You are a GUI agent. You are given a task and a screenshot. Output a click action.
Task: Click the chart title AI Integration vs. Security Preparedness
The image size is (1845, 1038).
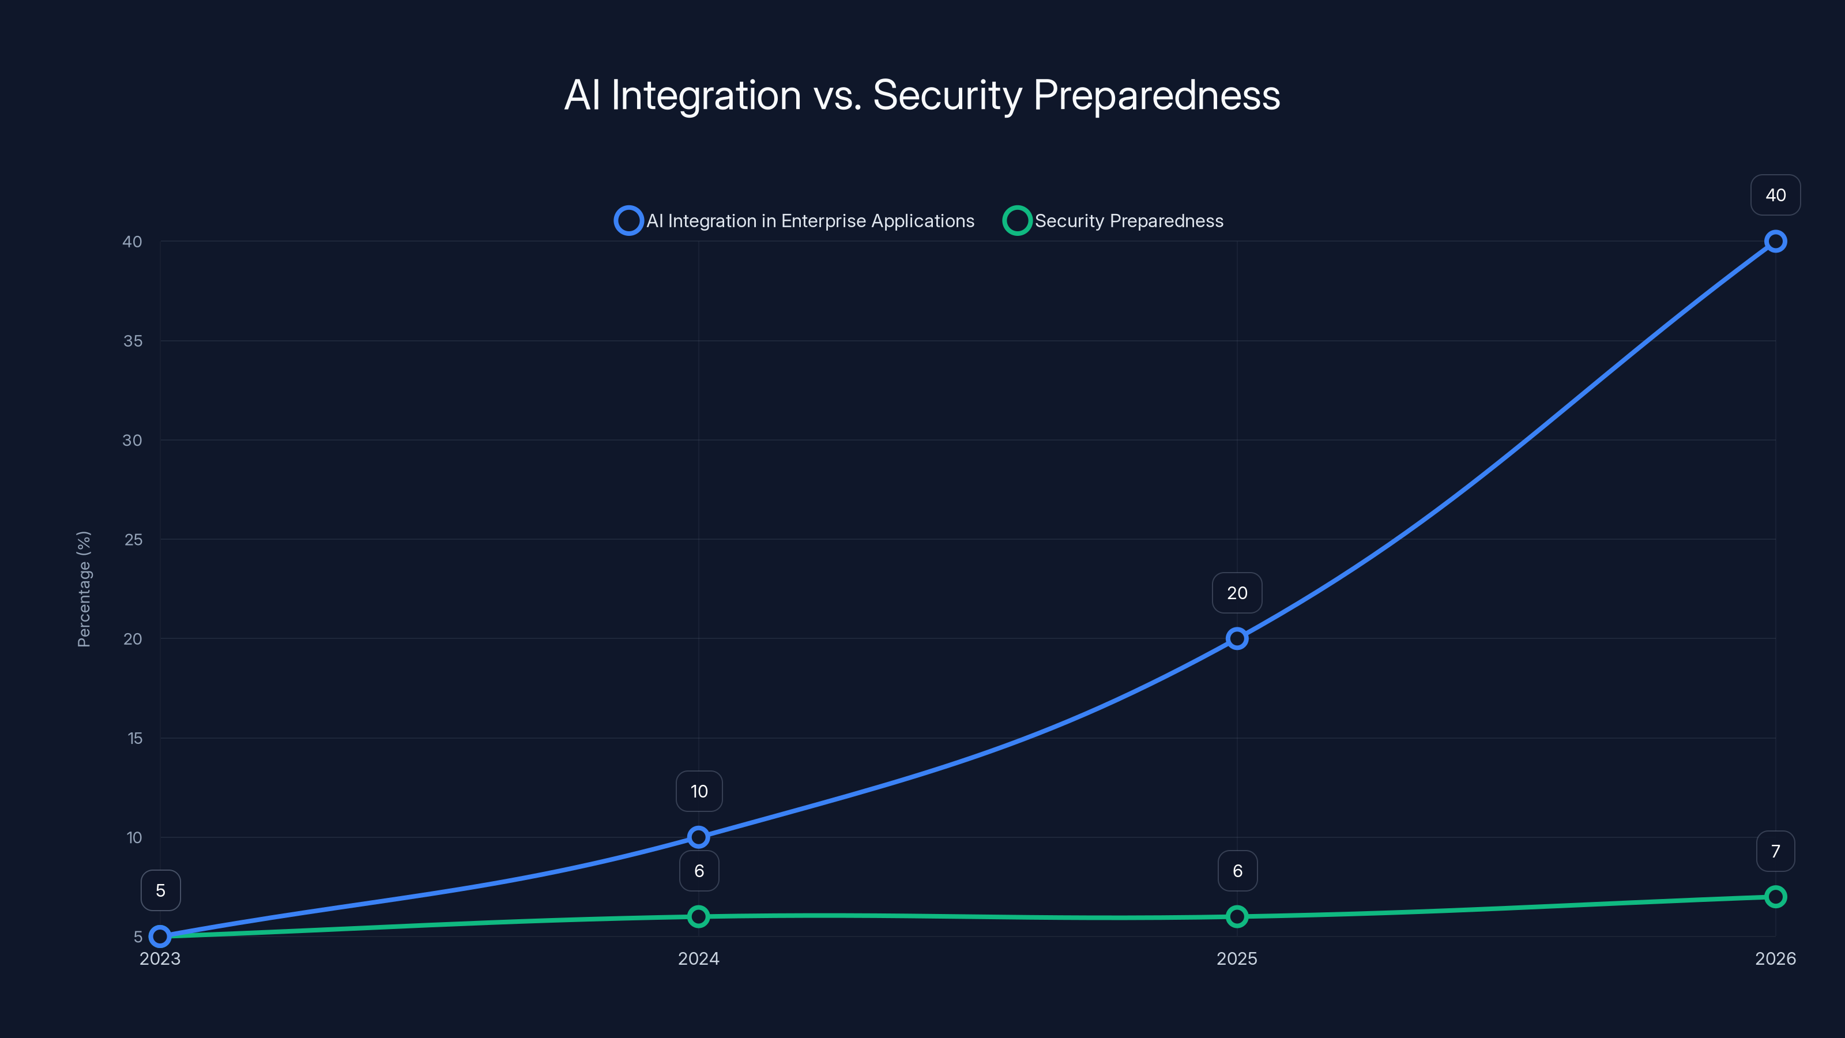(922, 95)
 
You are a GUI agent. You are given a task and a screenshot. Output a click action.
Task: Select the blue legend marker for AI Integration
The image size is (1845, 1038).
(628, 221)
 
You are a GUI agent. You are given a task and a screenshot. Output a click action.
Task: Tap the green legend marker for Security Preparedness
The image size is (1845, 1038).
(1016, 221)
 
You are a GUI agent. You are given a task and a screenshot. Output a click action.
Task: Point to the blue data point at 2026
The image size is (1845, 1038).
(1775, 242)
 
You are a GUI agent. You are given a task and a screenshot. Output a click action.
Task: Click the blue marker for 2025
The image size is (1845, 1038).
(1237, 638)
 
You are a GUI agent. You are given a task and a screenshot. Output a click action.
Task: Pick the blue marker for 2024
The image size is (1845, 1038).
(698, 837)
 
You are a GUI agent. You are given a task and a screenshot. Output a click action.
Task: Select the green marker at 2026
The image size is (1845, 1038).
(1775, 897)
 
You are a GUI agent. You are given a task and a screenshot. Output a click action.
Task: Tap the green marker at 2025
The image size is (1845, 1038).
(1237, 916)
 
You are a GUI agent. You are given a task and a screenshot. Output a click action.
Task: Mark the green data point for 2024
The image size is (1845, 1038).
(698, 916)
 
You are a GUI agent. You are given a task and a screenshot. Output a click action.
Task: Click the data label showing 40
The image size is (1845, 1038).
(1775, 195)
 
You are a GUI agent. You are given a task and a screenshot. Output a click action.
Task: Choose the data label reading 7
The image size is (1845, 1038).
(1775, 851)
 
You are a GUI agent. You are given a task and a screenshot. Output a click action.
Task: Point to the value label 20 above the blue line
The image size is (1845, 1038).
(1237, 593)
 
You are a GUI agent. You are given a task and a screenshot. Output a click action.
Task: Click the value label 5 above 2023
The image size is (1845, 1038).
(160, 890)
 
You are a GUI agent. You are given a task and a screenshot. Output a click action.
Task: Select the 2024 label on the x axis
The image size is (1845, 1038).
(698, 958)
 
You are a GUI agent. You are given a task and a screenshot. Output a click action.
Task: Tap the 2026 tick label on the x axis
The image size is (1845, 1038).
(1775, 958)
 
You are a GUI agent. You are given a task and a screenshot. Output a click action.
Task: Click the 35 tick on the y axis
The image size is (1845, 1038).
(133, 341)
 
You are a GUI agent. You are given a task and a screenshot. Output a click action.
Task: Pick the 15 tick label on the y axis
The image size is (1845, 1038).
(135, 738)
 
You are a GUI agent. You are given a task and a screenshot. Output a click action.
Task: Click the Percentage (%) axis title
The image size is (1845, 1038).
(84, 589)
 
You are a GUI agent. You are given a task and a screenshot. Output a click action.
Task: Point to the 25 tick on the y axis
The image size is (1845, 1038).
(133, 539)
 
